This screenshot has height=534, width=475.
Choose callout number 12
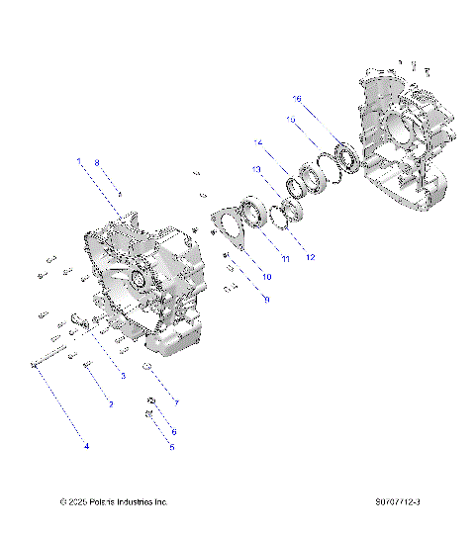310,258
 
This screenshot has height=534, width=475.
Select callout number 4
86,446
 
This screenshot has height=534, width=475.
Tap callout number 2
111,405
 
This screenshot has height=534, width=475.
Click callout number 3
123,377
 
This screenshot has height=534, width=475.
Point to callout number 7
176,402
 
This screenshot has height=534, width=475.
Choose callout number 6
174,432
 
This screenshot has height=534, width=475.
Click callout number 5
172,447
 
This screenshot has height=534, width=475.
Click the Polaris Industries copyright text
114,502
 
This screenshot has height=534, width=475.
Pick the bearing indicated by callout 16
346,155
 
